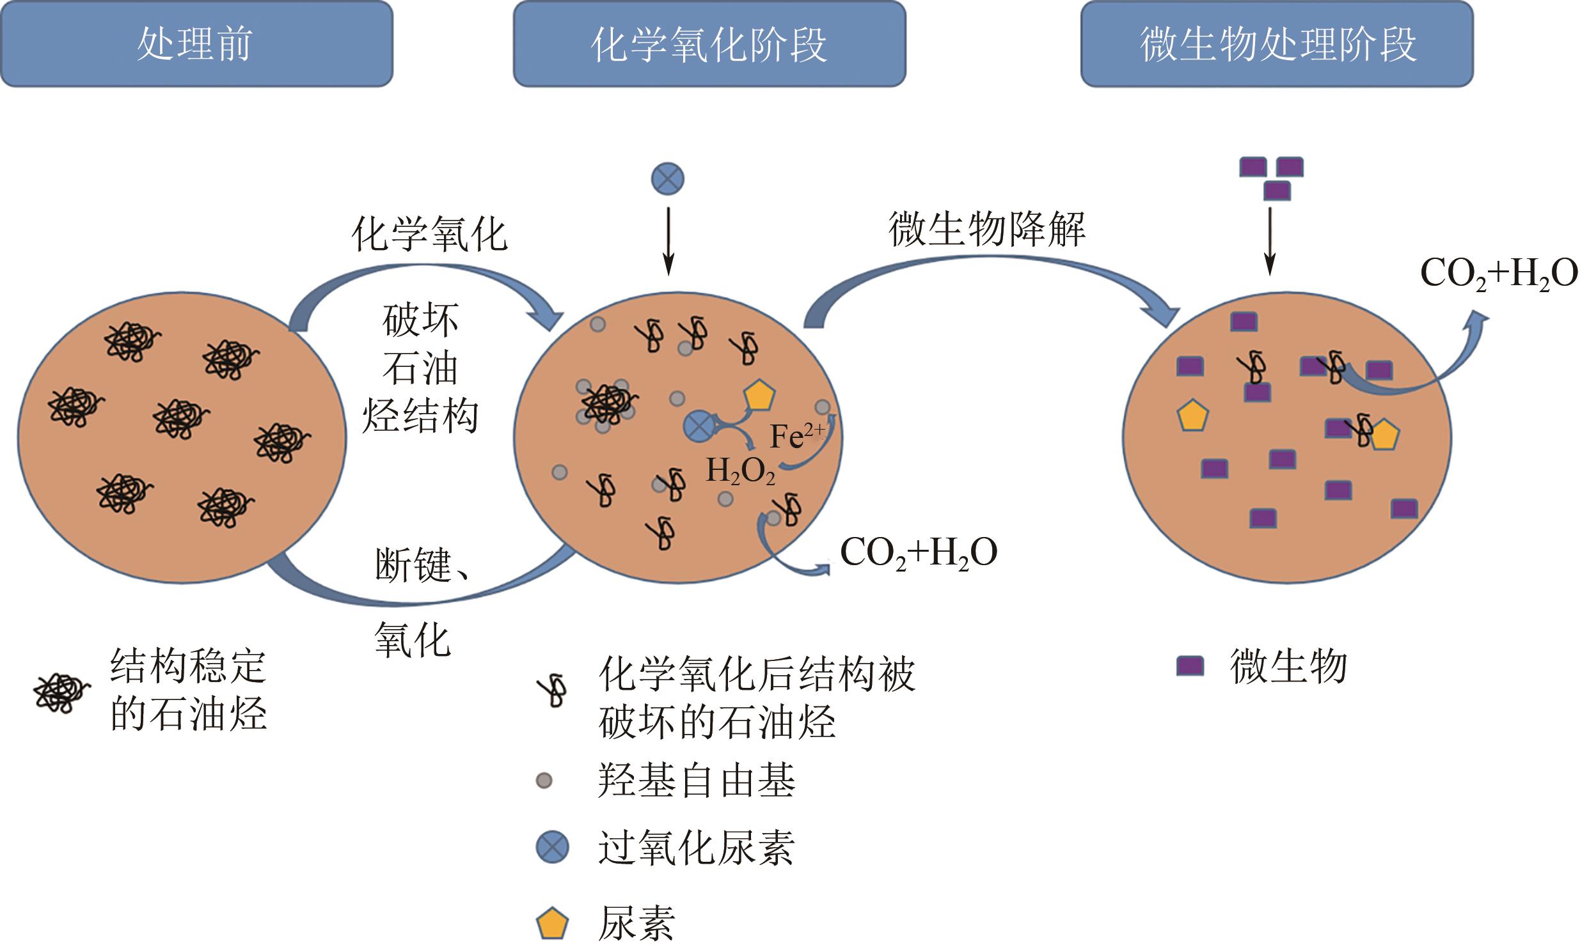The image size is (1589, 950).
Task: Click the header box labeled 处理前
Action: tap(196, 43)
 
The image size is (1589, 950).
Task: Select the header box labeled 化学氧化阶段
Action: tap(709, 43)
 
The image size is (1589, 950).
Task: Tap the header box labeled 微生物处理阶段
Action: tap(1277, 43)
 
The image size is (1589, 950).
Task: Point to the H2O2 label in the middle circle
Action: tap(740, 471)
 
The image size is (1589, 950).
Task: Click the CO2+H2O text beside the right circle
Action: tap(1499, 274)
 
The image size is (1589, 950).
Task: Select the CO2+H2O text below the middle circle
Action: tap(918, 552)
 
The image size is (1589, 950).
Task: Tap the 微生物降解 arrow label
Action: tap(987, 229)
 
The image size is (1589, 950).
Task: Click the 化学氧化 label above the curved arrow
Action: tap(429, 234)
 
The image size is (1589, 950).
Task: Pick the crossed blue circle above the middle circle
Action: tap(667, 178)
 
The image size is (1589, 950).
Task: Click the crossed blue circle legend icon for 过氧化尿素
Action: tap(552, 847)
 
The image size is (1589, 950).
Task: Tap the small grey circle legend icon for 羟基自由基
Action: tap(544, 781)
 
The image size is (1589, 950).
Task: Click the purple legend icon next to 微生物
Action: tap(1190, 666)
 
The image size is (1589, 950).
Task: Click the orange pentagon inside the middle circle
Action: tap(759, 396)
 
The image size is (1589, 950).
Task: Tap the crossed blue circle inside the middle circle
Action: tap(699, 426)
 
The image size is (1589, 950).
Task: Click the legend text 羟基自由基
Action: tap(696, 781)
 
